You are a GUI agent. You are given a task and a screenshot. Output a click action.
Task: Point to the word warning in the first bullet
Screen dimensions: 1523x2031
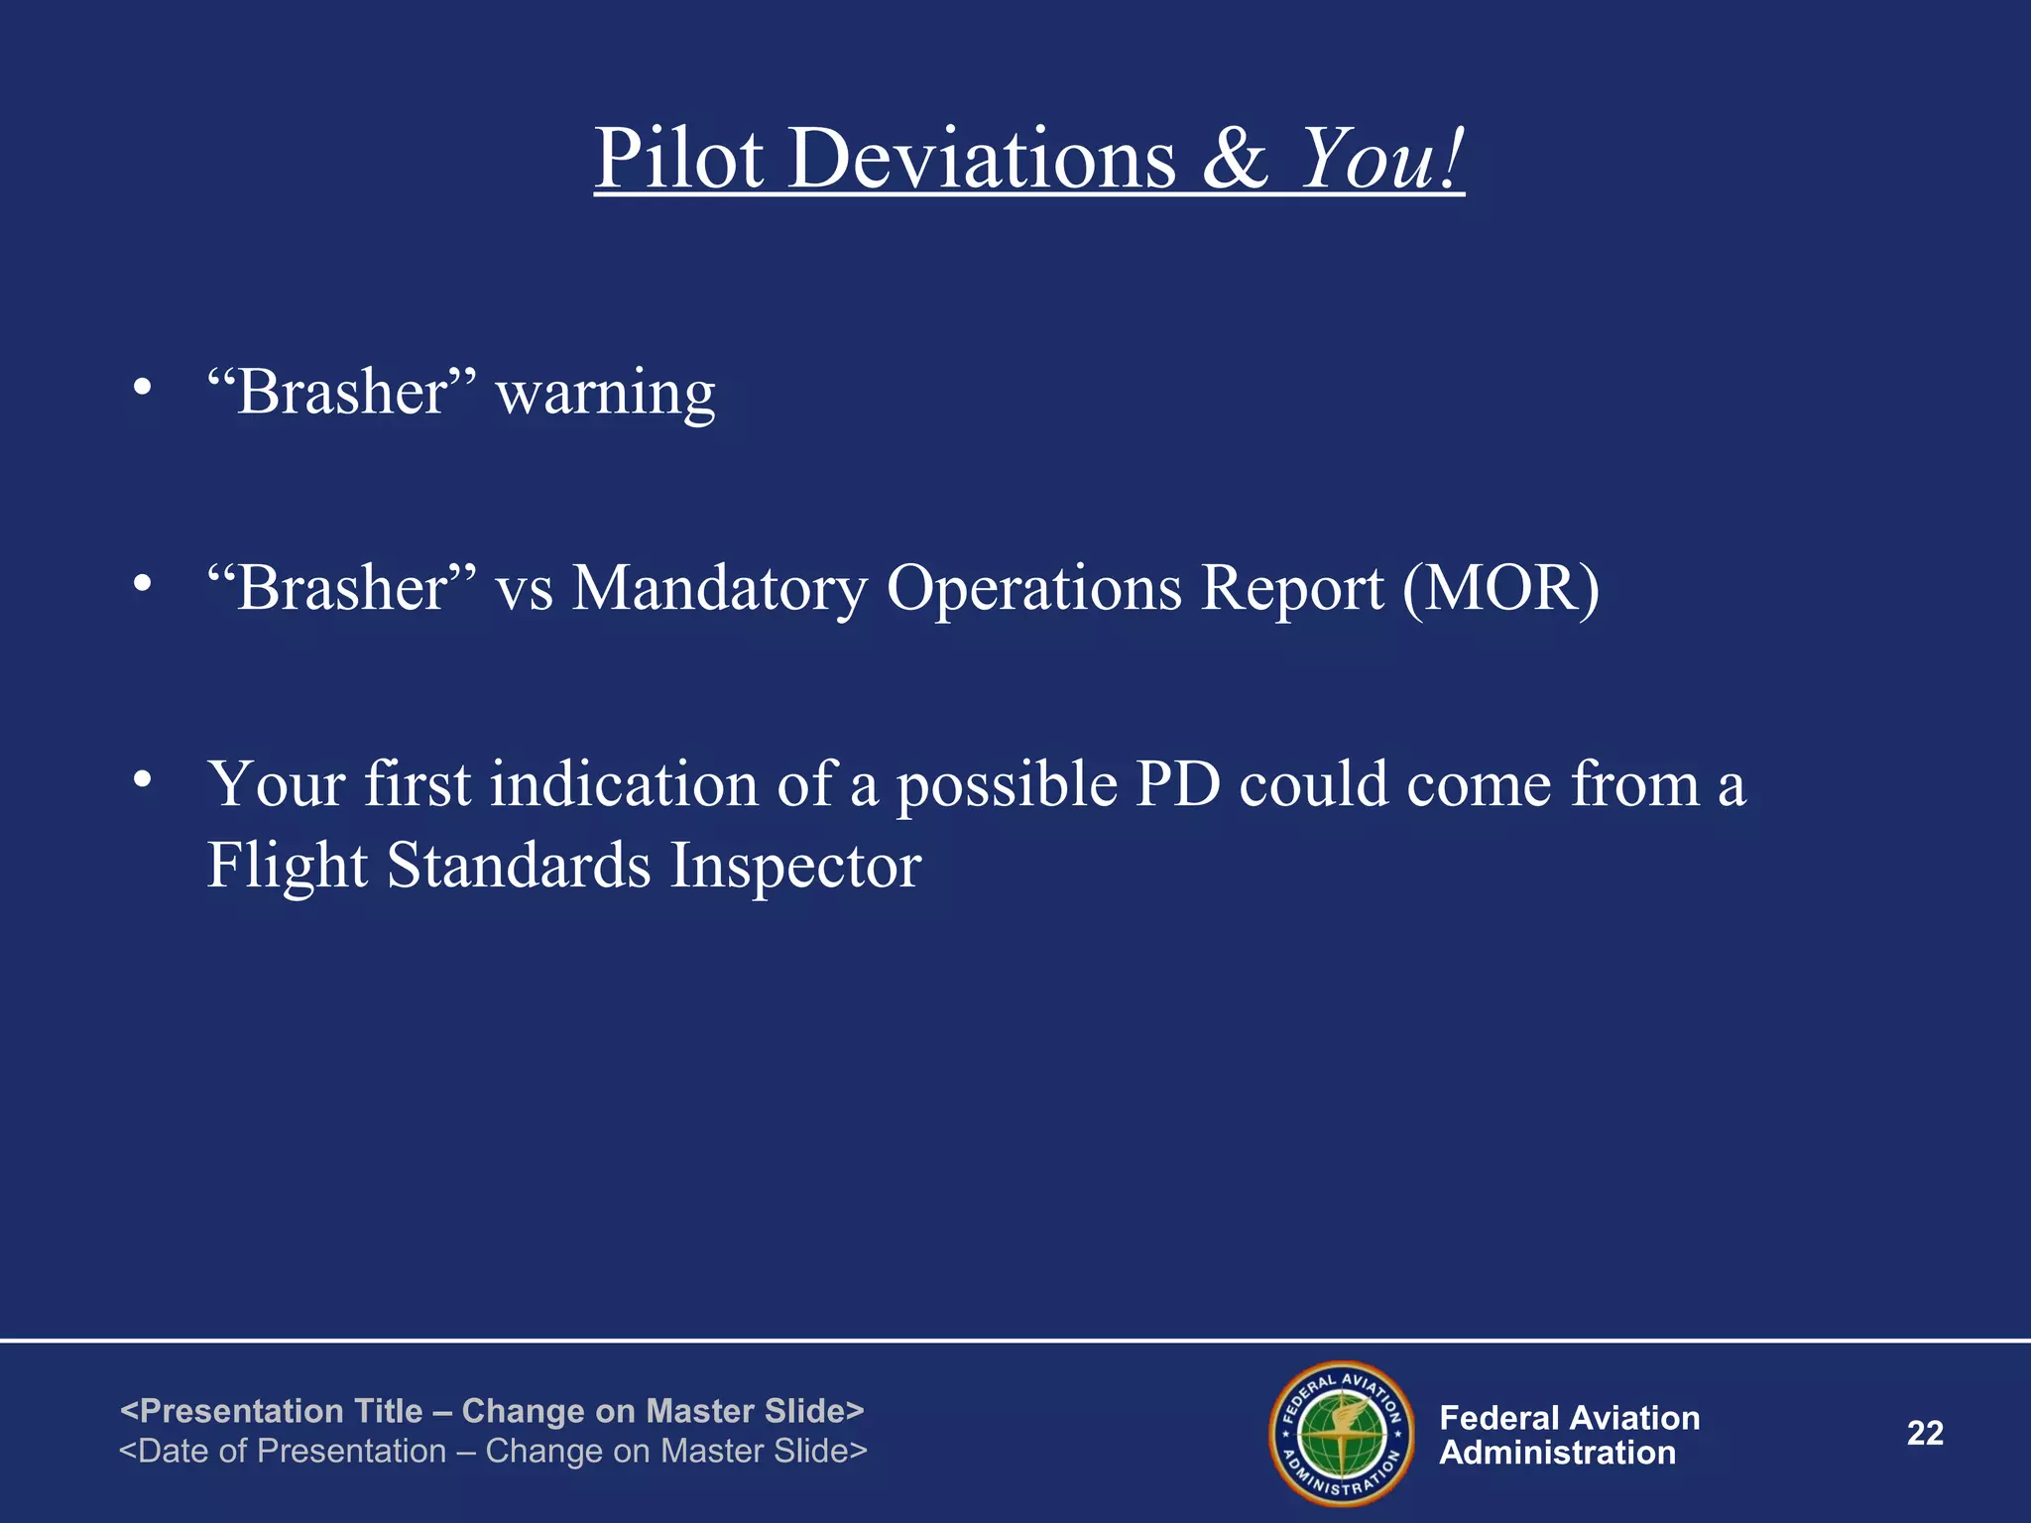pyautogui.click(x=605, y=394)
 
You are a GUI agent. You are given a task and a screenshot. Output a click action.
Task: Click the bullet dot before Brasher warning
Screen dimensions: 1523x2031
pyautogui.click(x=143, y=388)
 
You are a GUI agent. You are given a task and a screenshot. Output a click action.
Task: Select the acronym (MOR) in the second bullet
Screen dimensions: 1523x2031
pyautogui.click(x=1500, y=588)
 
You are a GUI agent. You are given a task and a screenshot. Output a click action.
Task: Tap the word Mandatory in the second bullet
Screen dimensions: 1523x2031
pyautogui.click(x=719, y=588)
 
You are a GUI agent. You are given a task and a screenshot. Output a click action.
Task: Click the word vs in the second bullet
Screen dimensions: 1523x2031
pyautogui.click(x=524, y=590)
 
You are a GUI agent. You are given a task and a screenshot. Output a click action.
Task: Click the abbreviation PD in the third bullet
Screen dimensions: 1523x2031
pyautogui.click(x=1177, y=784)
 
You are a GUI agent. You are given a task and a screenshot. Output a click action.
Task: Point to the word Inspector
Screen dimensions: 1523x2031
pyautogui.click(x=795, y=866)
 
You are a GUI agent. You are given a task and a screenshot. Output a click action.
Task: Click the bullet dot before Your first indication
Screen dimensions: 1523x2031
pyautogui.click(x=143, y=780)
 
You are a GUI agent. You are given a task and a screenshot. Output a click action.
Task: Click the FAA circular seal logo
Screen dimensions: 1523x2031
pyautogui.click(x=1342, y=1433)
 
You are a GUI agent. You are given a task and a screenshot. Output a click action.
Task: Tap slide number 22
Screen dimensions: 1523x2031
pyautogui.click(x=1925, y=1433)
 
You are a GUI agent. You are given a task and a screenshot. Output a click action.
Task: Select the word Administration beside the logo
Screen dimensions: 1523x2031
pyautogui.click(x=1557, y=1454)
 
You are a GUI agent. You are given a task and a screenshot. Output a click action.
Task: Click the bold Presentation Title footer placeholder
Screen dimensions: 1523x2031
pyautogui.click(x=492, y=1410)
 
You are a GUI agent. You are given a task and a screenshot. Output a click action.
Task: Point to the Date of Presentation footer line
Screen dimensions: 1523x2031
pyautogui.click(x=493, y=1451)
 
